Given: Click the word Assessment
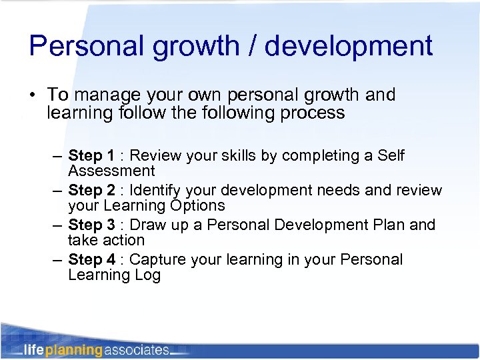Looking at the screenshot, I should pos(111,171).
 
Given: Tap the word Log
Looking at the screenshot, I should pos(147,275).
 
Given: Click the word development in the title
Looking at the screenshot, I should pos(347,46).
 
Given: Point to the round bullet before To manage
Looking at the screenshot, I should pos(32,96).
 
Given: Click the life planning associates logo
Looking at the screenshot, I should pos(96,349).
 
